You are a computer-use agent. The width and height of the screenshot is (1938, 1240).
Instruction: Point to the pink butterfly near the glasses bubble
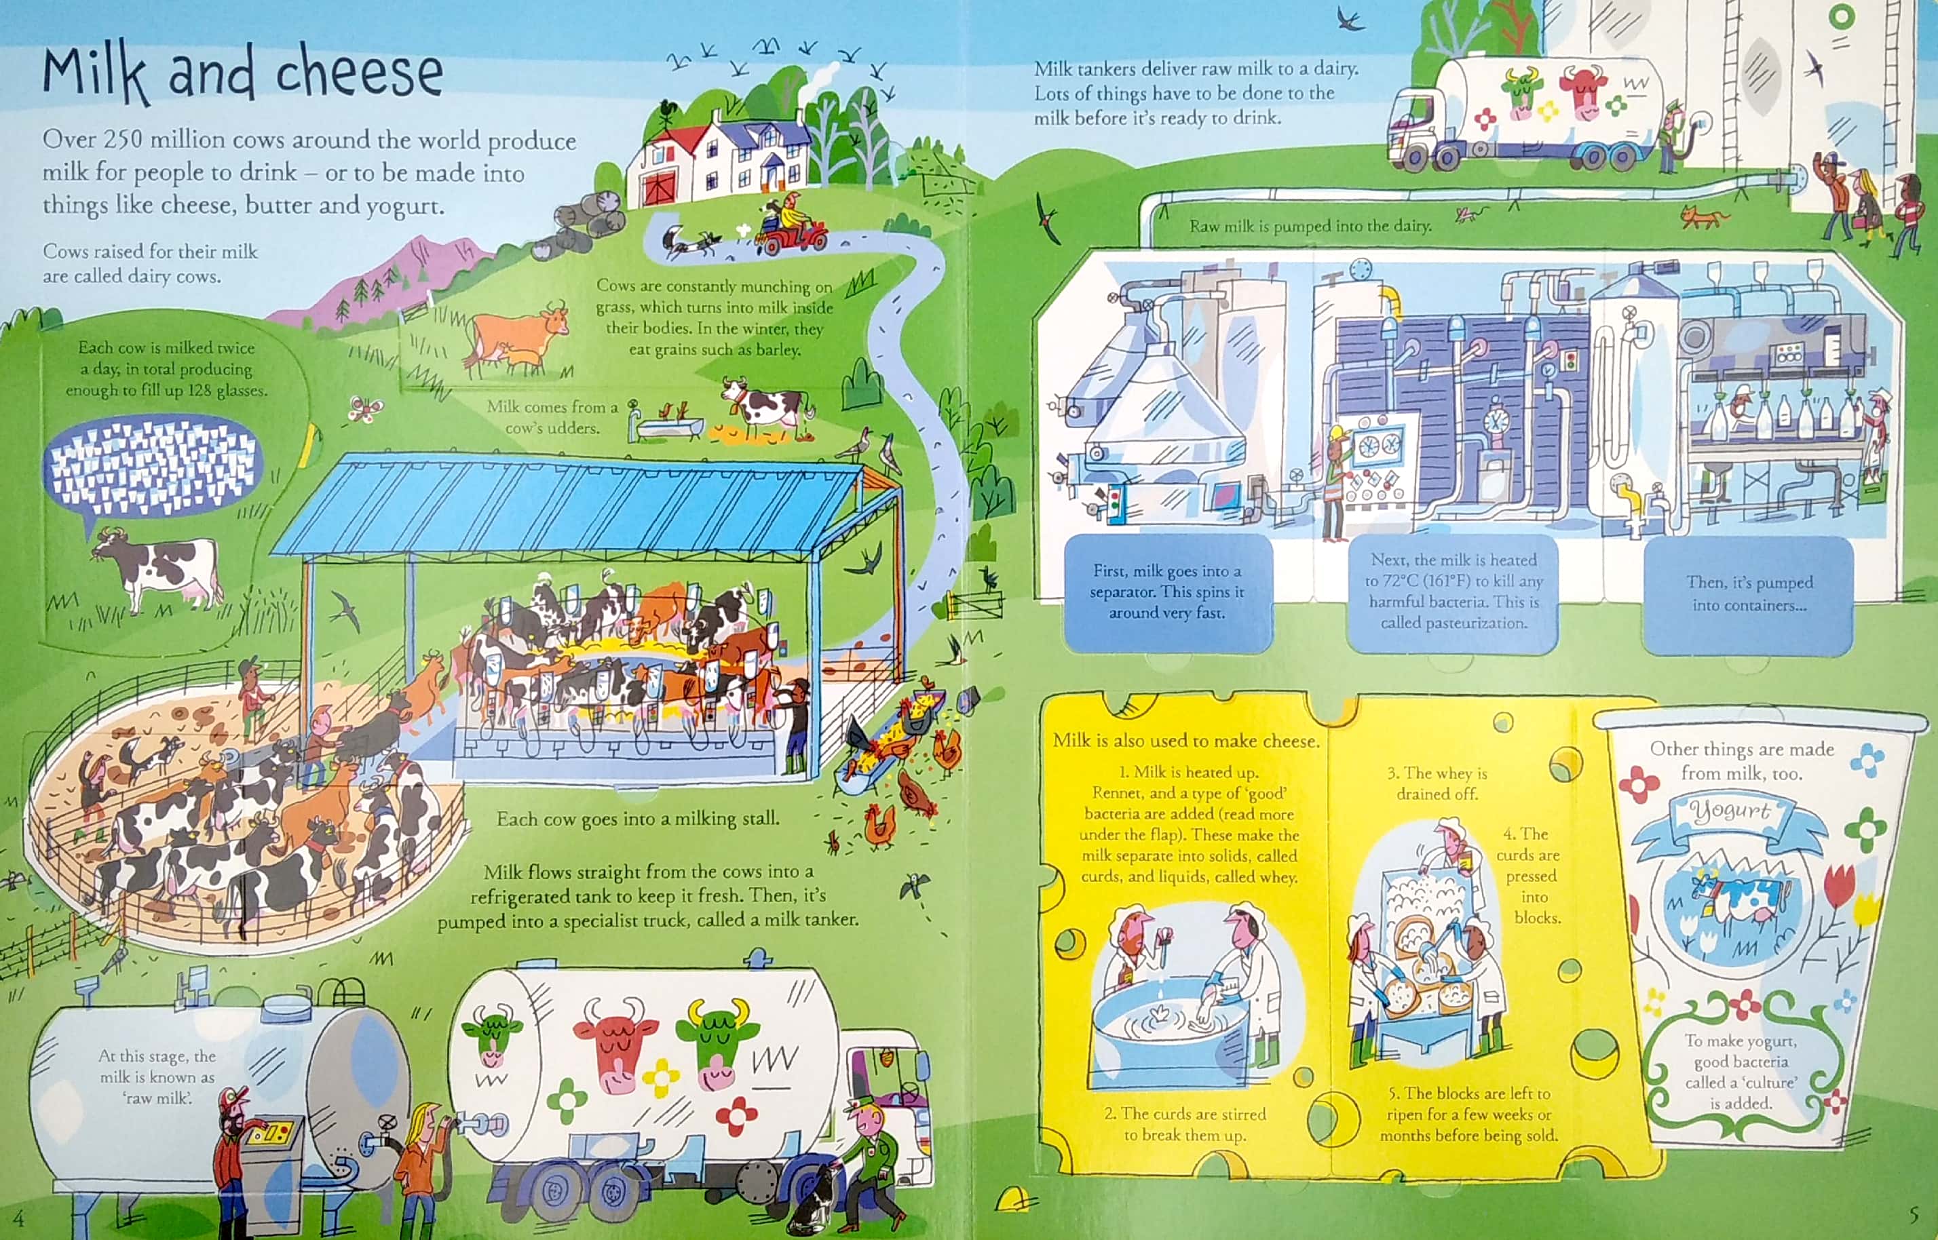(365, 410)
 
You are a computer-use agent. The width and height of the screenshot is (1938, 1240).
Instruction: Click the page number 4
(18, 1217)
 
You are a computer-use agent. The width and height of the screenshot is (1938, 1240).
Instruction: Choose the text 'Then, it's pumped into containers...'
(1749, 594)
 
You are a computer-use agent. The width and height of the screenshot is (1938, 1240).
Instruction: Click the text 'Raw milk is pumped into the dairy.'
(1310, 227)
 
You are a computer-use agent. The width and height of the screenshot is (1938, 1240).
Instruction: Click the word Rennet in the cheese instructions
(1113, 793)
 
